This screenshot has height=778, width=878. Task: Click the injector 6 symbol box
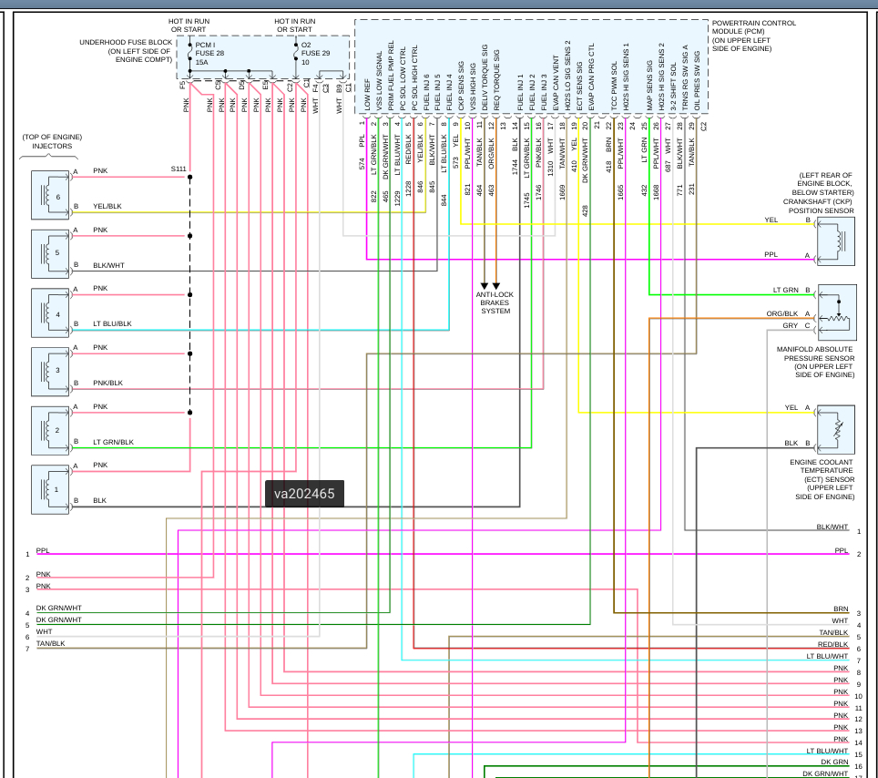point(50,194)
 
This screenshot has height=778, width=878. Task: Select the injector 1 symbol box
point(50,489)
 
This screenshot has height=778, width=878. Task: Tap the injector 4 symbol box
point(50,312)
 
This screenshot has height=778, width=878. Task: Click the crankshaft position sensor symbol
point(835,239)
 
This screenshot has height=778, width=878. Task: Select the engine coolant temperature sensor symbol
point(835,429)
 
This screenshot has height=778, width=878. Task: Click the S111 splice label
point(179,169)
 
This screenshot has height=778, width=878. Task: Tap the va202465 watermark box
point(304,494)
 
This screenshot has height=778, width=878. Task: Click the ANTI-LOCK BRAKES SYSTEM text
point(495,302)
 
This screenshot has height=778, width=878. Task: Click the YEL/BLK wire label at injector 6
point(107,206)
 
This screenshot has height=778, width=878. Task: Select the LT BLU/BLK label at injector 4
point(112,323)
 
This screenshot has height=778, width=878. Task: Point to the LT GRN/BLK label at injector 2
point(113,442)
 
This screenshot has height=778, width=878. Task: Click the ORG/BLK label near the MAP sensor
point(781,314)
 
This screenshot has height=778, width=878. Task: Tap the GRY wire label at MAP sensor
point(790,325)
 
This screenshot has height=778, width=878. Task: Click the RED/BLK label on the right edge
point(832,644)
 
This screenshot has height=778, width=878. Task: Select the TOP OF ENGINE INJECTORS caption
point(52,141)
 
